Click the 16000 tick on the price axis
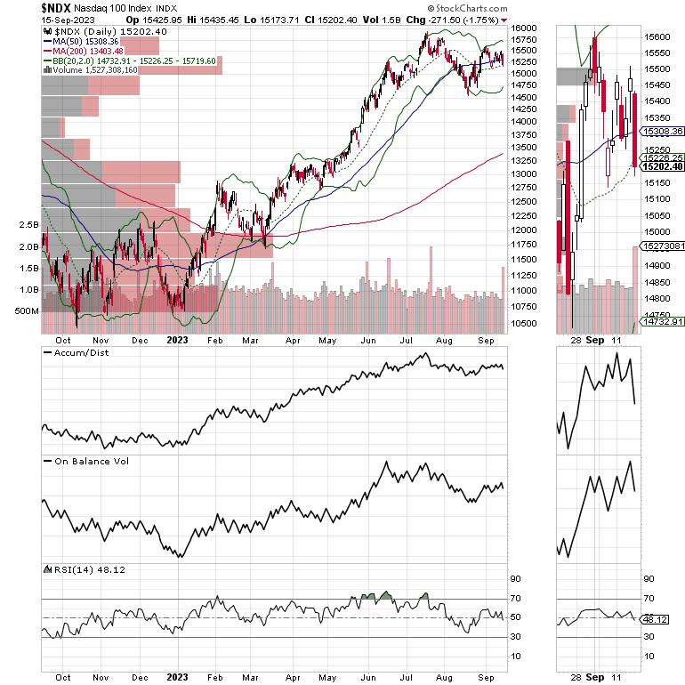coord(524,28)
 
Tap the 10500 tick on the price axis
coord(524,324)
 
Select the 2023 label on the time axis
coord(176,339)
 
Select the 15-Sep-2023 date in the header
coord(35,20)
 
